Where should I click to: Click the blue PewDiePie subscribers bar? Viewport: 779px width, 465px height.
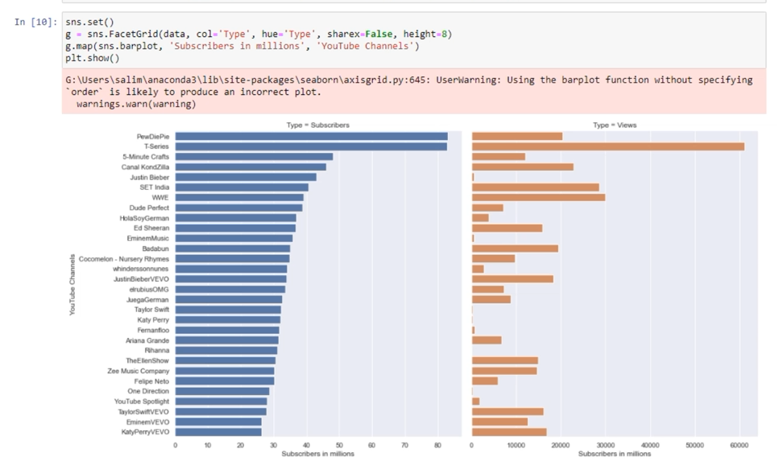[x=311, y=136]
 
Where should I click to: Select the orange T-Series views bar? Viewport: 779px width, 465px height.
[x=607, y=146]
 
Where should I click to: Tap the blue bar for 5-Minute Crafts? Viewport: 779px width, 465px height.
[x=254, y=157]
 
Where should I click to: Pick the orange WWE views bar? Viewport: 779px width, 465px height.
[x=538, y=197]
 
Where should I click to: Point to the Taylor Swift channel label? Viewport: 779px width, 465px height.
[x=151, y=309]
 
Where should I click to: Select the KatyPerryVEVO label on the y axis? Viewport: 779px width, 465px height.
[x=145, y=432]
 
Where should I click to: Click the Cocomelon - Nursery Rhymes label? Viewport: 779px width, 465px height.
[x=124, y=258]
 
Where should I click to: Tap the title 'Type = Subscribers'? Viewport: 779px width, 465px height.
[x=317, y=126]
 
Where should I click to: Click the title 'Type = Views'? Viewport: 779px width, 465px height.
[x=614, y=126]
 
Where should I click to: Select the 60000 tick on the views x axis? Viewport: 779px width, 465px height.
[x=738, y=445]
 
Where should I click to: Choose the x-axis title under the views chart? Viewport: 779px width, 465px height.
[x=614, y=454]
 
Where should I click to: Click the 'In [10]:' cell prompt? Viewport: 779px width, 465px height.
[x=36, y=23]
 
